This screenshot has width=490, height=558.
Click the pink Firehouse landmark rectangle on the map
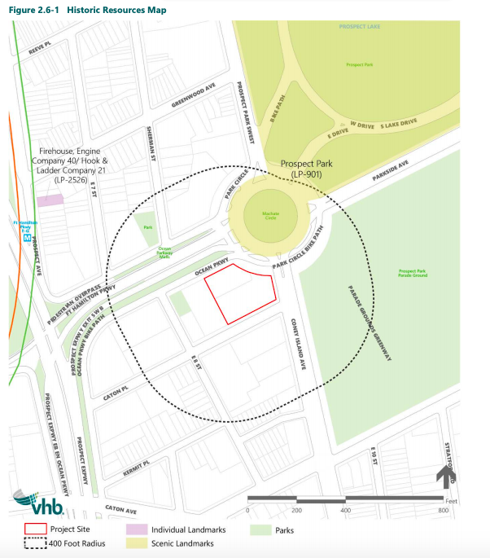click(50, 200)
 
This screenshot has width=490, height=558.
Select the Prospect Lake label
click(359, 27)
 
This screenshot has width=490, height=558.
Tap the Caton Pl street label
click(116, 393)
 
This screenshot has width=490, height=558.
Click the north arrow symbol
click(447, 476)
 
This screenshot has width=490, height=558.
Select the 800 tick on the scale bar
click(443, 510)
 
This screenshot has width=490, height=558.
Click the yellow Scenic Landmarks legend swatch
click(136, 543)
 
